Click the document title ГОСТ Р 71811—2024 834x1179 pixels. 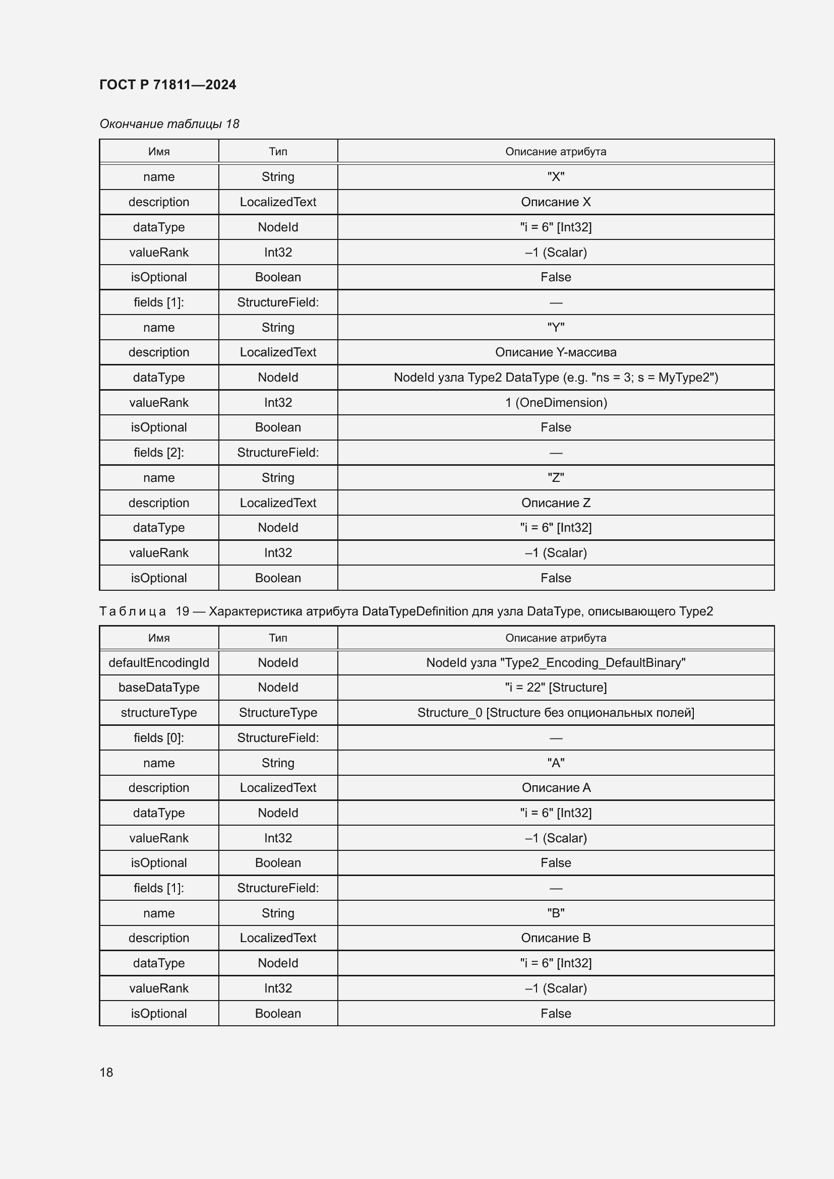[x=167, y=85]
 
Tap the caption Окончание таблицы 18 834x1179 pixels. [x=169, y=124]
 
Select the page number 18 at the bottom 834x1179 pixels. [x=106, y=1072]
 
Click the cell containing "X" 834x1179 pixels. [x=556, y=176]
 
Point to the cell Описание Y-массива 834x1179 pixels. [x=556, y=352]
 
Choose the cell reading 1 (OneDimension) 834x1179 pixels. [x=556, y=403]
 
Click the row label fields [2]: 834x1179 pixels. [x=159, y=452]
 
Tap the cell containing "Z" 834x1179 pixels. [x=556, y=477]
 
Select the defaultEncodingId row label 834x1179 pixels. [x=159, y=662]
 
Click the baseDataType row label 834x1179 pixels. [x=159, y=688]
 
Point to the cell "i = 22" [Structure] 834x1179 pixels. [x=556, y=688]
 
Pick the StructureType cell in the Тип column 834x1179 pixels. [x=278, y=713]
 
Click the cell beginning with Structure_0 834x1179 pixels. [x=556, y=713]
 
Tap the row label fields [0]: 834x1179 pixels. [x=159, y=738]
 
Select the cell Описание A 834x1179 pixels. [x=556, y=788]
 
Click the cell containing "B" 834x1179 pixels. [x=556, y=913]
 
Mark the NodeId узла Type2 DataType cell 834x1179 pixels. [x=556, y=378]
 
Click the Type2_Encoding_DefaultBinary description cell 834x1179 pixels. [x=556, y=662]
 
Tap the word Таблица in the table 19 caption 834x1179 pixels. [x=133, y=611]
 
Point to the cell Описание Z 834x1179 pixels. [x=556, y=503]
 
